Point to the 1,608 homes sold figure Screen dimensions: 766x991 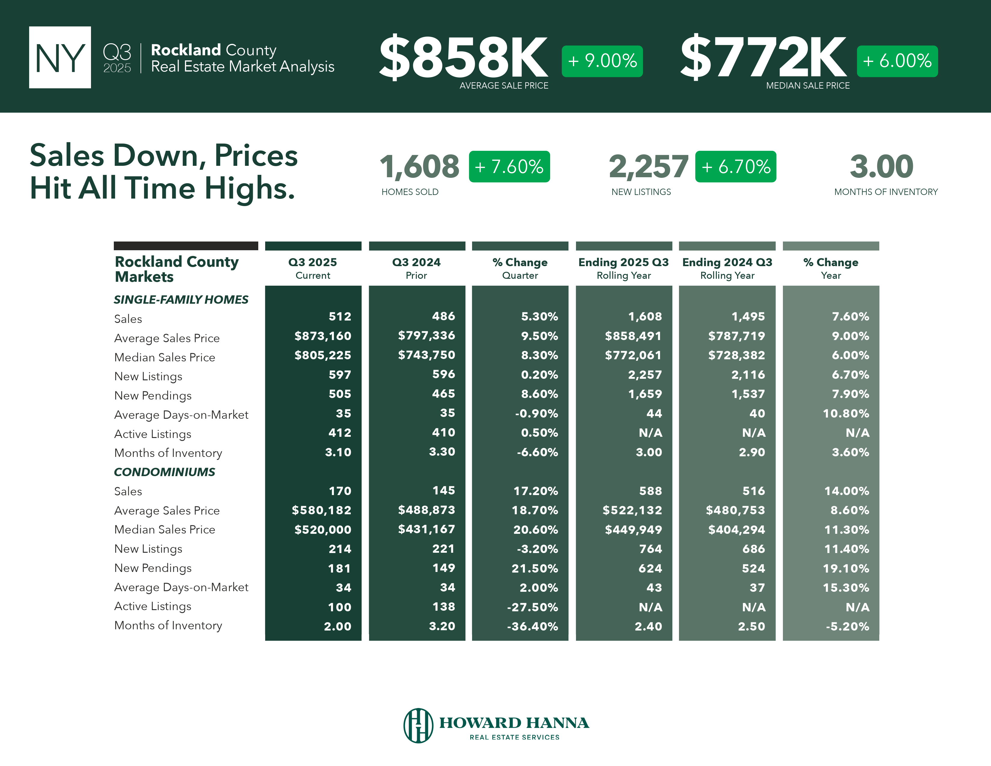(x=419, y=166)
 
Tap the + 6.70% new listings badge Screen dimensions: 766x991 (x=735, y=166)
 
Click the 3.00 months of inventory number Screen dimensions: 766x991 (x=881, y=166)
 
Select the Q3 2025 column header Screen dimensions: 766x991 (x=313, y=268)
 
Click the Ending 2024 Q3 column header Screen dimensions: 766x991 (x=727, y=268)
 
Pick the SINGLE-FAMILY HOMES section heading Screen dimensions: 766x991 (x=181, y=299)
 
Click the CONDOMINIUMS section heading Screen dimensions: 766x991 (x=164, y=472)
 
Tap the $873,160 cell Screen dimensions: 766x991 (x=323, y=336)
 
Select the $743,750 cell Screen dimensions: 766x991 (x=426, y=355)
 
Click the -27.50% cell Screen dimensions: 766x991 (x=532, y=607)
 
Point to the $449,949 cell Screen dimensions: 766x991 (x=633, y=530)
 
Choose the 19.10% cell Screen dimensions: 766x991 (x=846, y=568)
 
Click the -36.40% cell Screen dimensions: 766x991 (x=532, y=626)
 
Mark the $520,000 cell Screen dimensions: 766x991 (x=323, y=530)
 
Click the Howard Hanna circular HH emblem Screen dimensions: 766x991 (x=418, y=725)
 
